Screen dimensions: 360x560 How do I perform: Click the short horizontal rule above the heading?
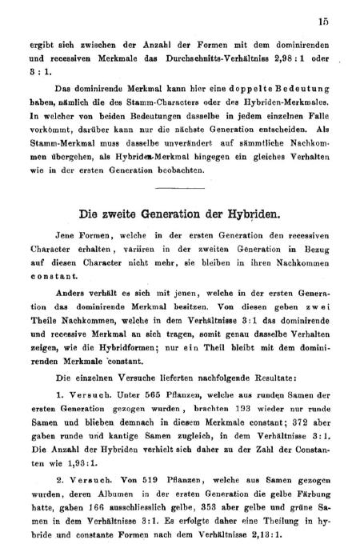coord(179,187)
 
